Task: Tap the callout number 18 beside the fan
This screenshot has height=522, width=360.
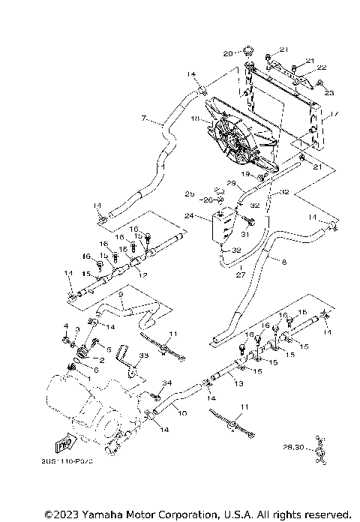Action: pyautogui.click(x=195, y=119)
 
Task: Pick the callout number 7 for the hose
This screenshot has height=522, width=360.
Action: pyautogui.click(x=142, y=118)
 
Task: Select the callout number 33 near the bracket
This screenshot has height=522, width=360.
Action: pyautogui.click(x=144, y=355)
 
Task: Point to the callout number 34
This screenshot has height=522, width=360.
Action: pyautogui.click(x=167, y=383)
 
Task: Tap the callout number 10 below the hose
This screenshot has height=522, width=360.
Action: pyautogui.click(x=183, y=413)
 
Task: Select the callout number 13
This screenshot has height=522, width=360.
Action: pyautogui.click(x=239, y=383)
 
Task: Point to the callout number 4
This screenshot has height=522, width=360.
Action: pyautogui.click(x=65, y=325)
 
